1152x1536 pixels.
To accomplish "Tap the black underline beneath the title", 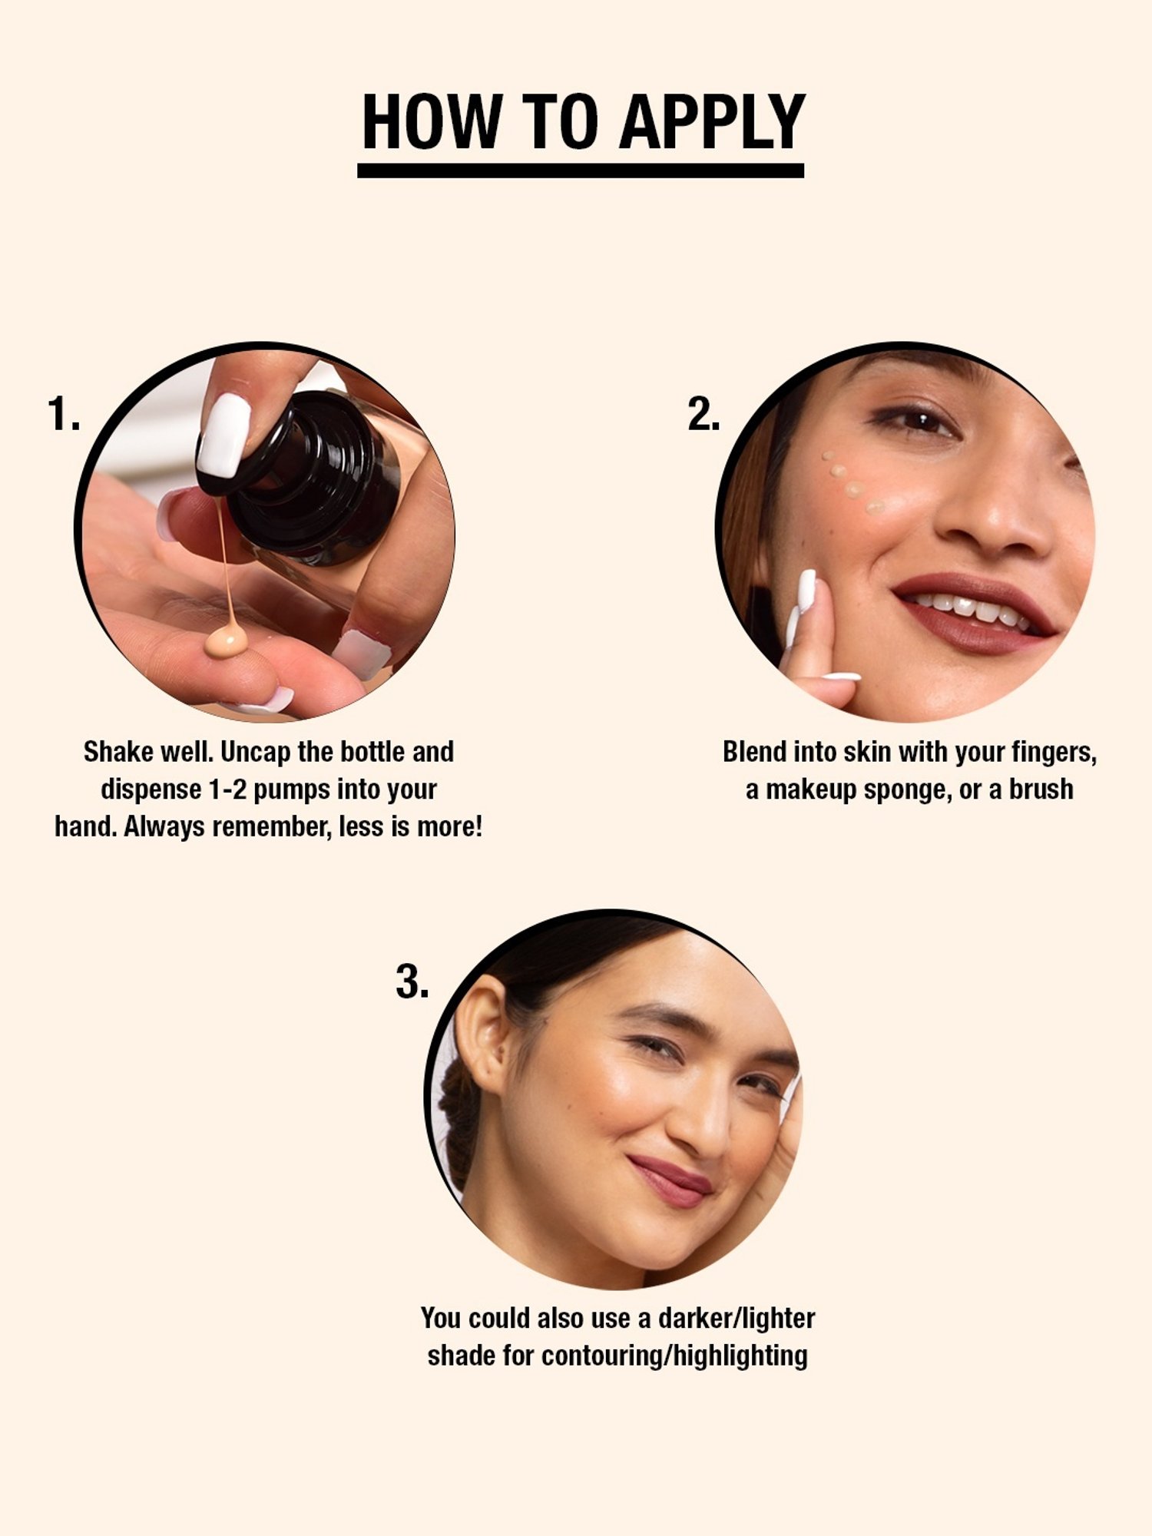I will [x=580, y=170].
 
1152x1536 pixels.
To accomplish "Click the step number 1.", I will [x=63, y=415].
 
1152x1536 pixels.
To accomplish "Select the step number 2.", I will [x=703, y=415].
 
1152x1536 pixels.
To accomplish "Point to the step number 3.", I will [x=412, y=982].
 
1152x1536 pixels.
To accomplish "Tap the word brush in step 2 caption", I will [x=1041, y=790].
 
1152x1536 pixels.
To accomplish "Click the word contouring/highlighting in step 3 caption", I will [x=674, y=1356].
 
